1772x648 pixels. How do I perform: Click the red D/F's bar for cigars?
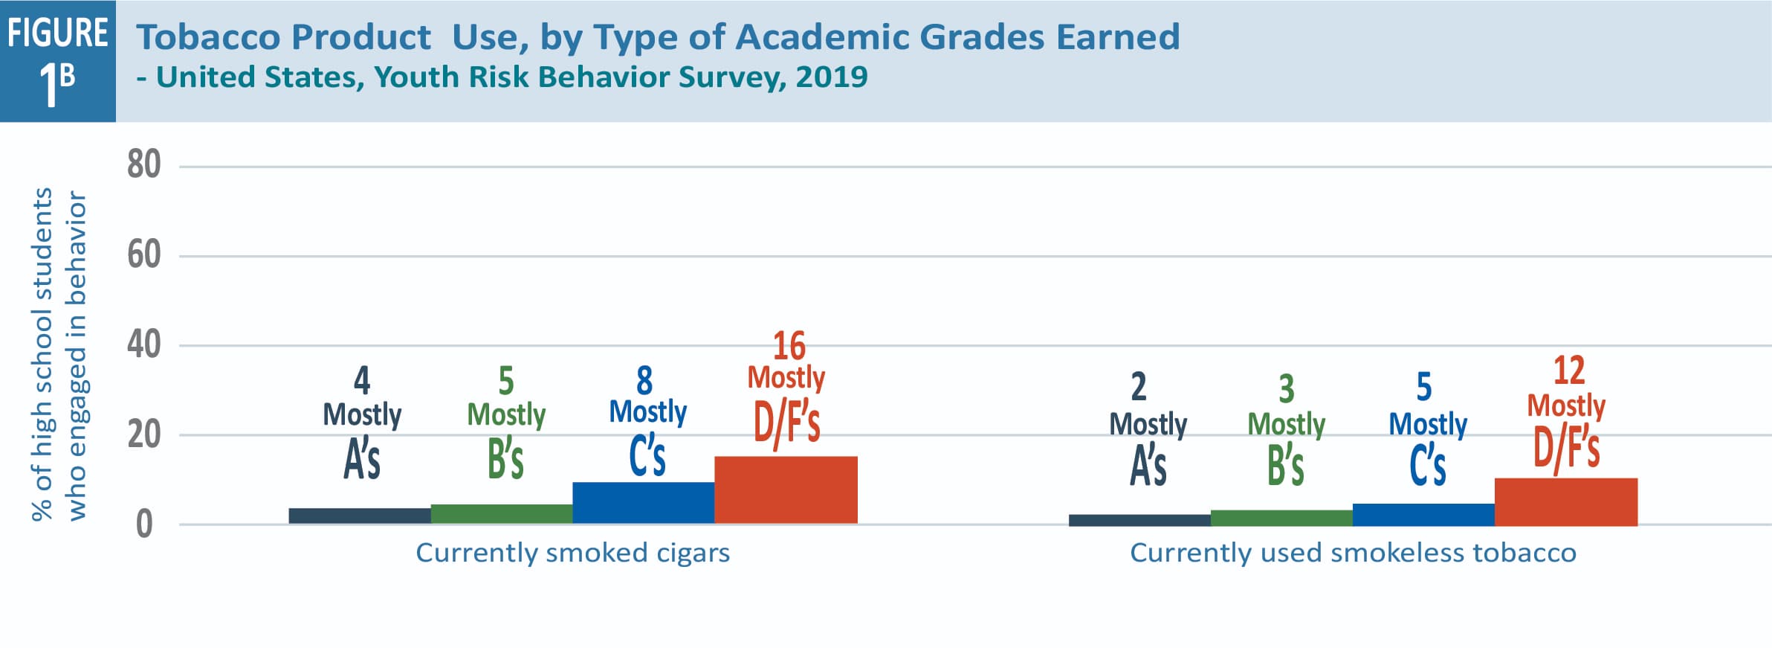[x=786, y=490]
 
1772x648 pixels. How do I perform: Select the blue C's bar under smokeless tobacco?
[x=1423, y=515]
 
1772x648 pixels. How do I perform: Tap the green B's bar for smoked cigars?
[x=502, y=514]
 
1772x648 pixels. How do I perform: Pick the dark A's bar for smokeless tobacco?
[x=1139, y=520]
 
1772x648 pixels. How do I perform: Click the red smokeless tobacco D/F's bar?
[x=1566, y=502]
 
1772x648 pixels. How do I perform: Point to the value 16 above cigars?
[x=789, y=346]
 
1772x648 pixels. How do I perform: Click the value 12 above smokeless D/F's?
[x=1568, y=370]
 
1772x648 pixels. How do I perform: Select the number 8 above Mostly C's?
[x=644, y=381]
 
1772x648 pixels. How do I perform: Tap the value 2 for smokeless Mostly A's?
[x=1139, y=387]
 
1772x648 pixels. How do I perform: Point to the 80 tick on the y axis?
[x=143, y=164]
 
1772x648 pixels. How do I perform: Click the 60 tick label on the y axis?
[x=143, y=255]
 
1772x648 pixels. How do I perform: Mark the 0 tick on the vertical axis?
[x=144, y=525]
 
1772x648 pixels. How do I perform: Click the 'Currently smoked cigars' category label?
[x=572, y=553]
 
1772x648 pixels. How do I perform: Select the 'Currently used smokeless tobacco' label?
[x=1353, y=553]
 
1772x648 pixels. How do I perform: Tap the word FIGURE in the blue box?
[x=58, y=33]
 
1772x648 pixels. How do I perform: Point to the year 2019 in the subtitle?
[x=831, y=77]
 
